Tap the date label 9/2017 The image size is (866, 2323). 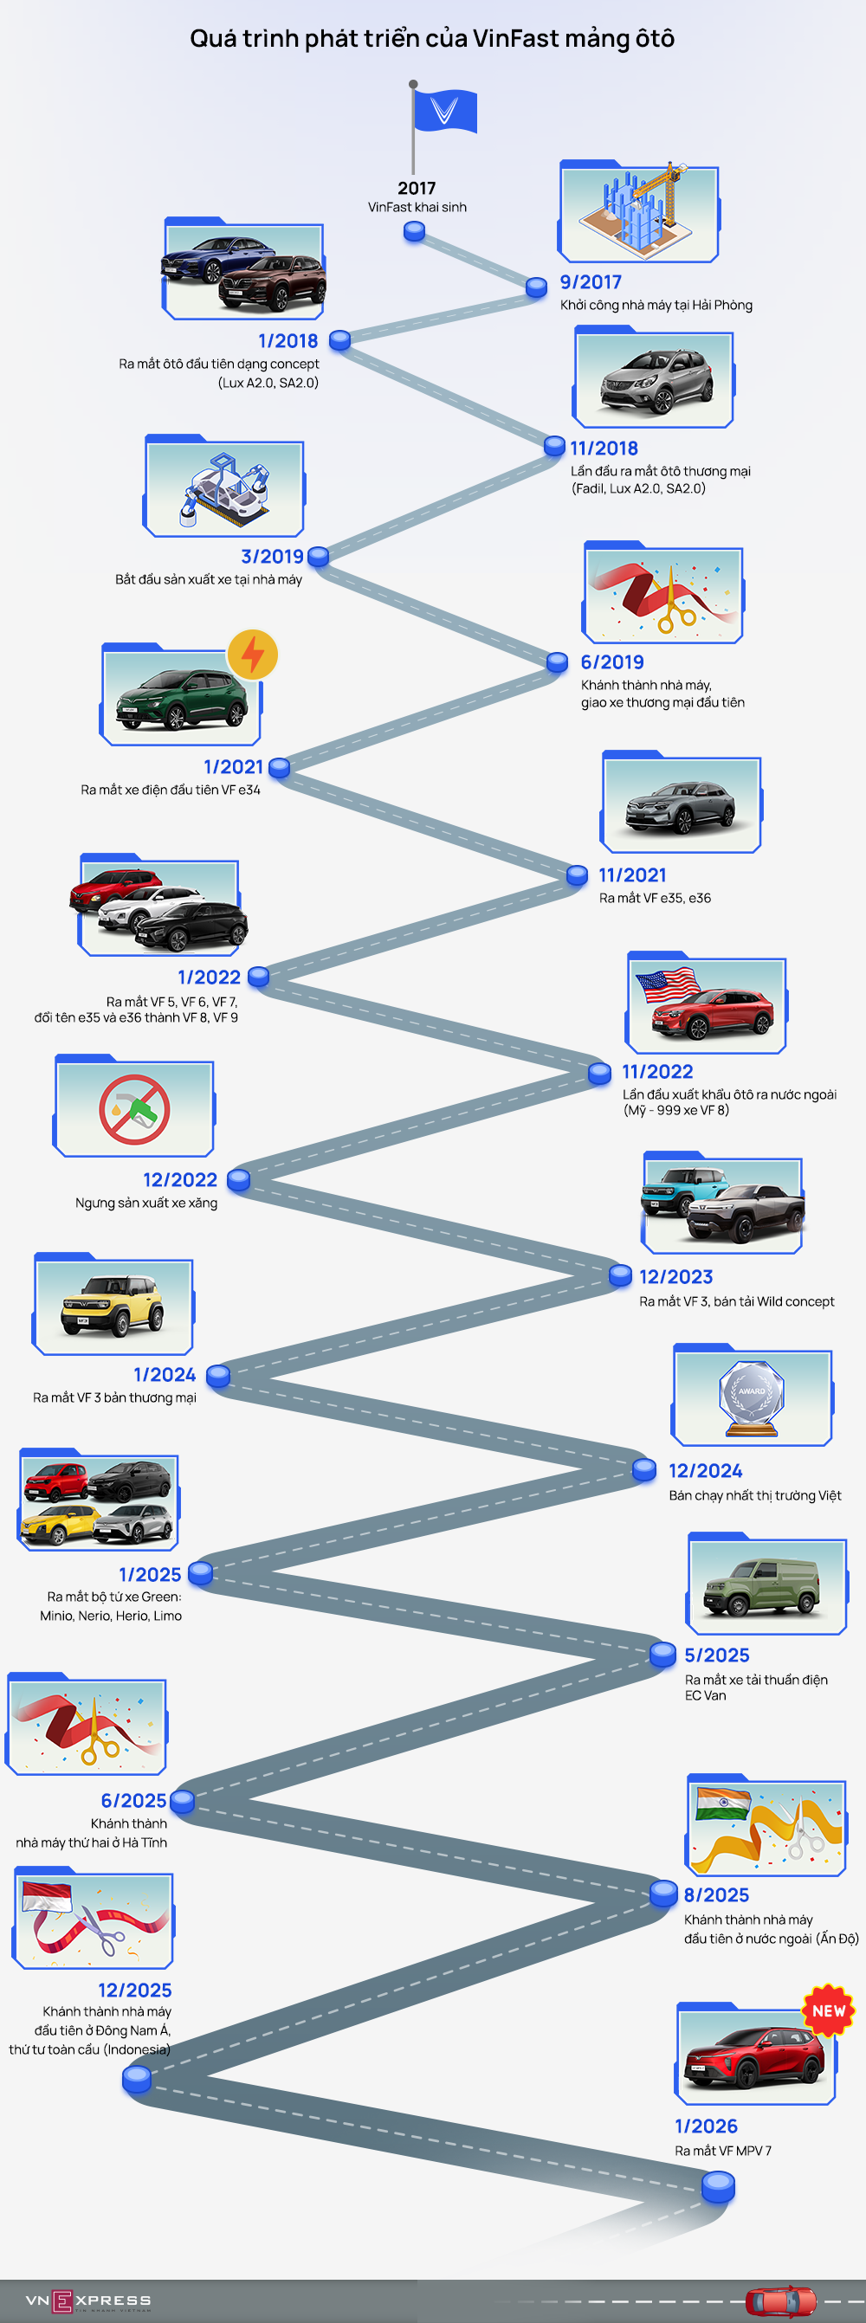coord(590,282)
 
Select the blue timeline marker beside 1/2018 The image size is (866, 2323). coord(339,340)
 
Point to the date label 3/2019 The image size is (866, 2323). coord(272,557)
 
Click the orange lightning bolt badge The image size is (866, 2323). coord(253,654)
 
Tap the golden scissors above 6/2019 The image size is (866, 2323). coord(675,604)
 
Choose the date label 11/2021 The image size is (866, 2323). coord(632,874)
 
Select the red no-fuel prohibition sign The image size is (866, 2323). coord(134,1109)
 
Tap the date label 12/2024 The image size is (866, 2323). coord(706,1471)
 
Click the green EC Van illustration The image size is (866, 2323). coord(763,1587)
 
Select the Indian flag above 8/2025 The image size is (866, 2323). coord(722,1804)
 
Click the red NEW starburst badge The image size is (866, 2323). coord(828,2010)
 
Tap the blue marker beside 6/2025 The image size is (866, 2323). coord(182,1801)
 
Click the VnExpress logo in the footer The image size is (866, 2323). coord(88,2300)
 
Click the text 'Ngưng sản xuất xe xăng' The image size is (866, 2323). coord(146,1203)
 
